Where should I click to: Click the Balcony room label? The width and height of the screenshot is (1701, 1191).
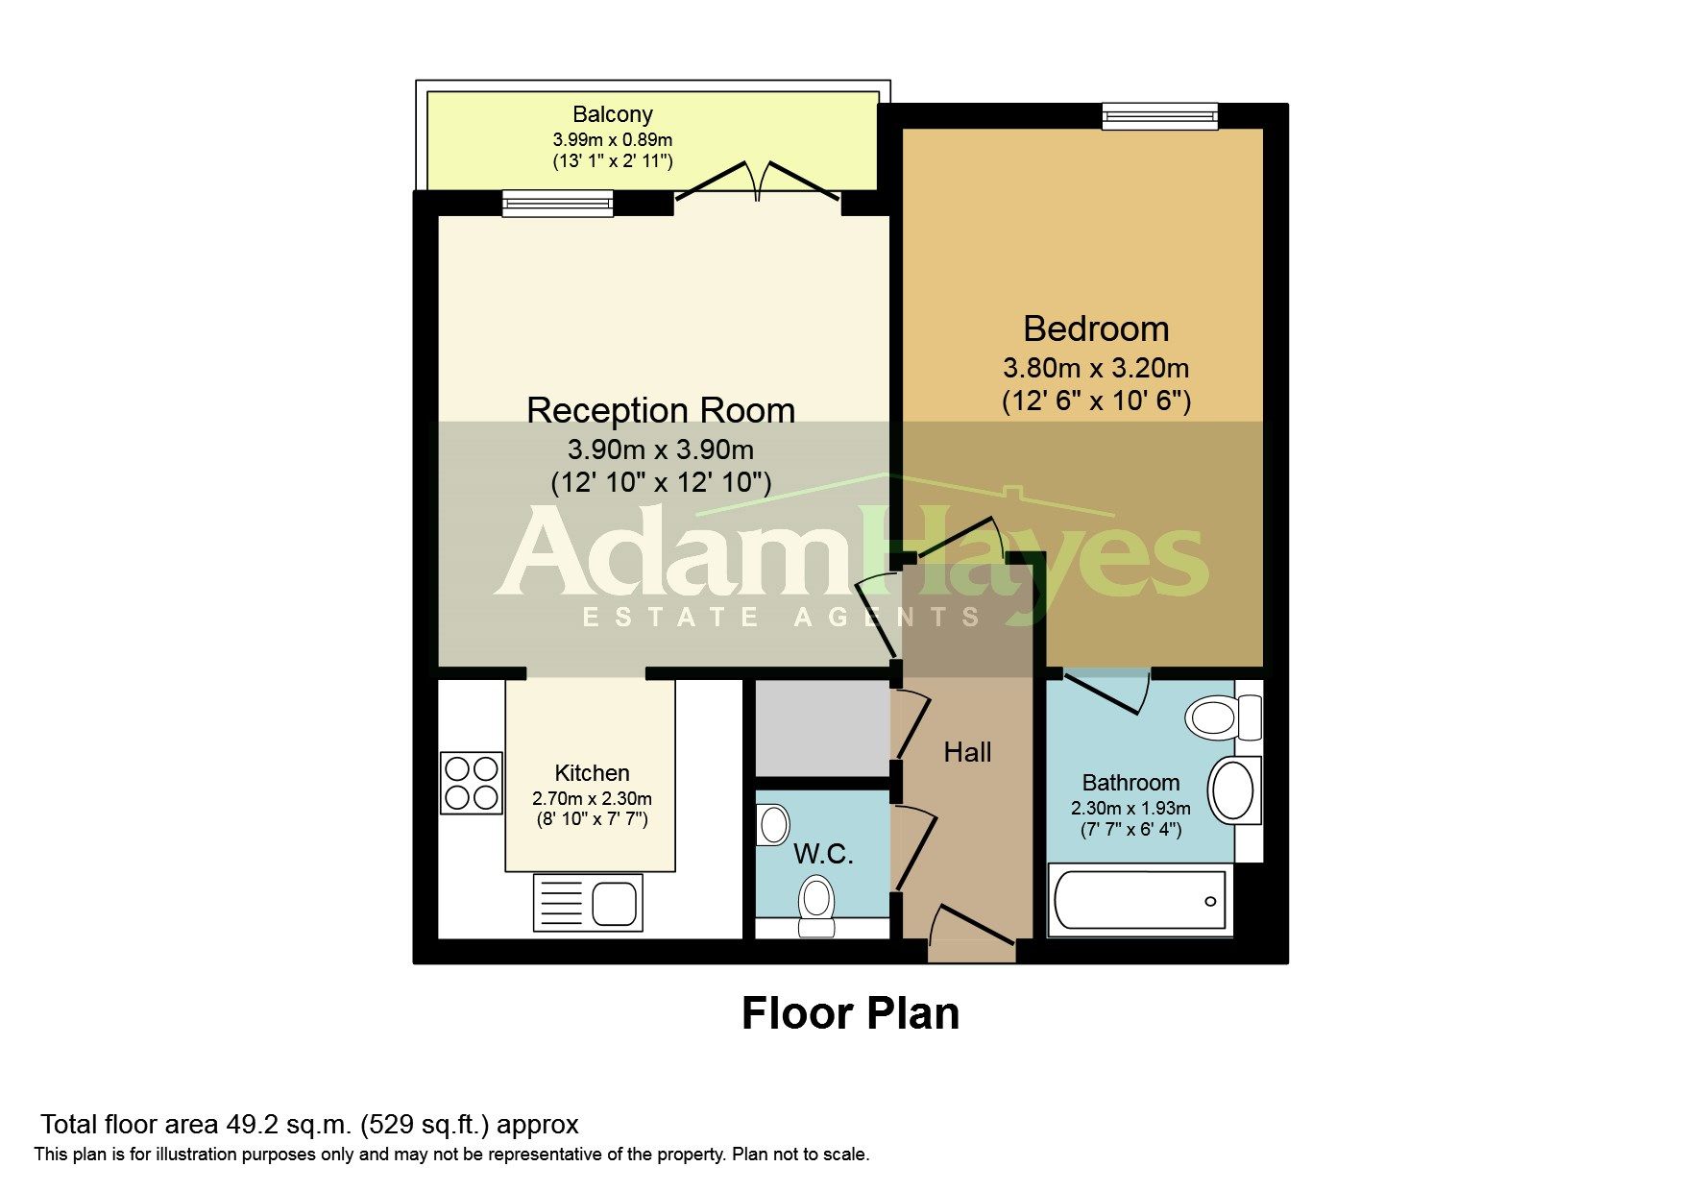[x=613, y=114]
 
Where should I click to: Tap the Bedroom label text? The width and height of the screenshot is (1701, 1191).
[x=1096, y=328]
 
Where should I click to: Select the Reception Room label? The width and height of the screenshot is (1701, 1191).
[x=661, y=410]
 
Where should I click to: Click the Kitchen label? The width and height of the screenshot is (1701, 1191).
[x=592, y=773]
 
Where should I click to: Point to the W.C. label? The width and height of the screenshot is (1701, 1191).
[x=824, y=853]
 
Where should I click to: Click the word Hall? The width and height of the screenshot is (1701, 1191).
[x=967, y=752]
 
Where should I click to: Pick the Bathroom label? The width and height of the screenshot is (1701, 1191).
[x=1130, y=783]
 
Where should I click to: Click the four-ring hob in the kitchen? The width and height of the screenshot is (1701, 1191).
[x=472, y=783]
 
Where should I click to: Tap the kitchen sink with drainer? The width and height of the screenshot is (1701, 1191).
[x=588, y=903]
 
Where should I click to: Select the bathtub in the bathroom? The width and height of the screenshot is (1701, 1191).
[x=1138, y=901]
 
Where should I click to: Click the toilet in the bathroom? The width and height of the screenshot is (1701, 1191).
[x=1223, y=717]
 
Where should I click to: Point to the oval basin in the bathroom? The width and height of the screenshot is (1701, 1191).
[x=1234, y=790]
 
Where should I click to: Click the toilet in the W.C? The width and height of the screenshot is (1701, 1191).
[x=816, y=905]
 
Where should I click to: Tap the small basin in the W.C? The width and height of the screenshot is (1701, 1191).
[x=772, y=825]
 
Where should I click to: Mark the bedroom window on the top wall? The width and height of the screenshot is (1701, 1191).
[x=1159, y=116]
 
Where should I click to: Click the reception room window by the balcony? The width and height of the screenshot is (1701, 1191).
[x=558, y=203]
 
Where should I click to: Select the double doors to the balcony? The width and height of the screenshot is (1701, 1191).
[x=759, y=181]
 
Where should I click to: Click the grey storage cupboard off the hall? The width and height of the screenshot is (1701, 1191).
[x=823, y=728]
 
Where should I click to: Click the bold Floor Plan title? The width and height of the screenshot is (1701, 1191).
[x=850, y=1013]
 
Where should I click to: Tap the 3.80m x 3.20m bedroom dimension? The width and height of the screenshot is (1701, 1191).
[x=1096, y=368]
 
